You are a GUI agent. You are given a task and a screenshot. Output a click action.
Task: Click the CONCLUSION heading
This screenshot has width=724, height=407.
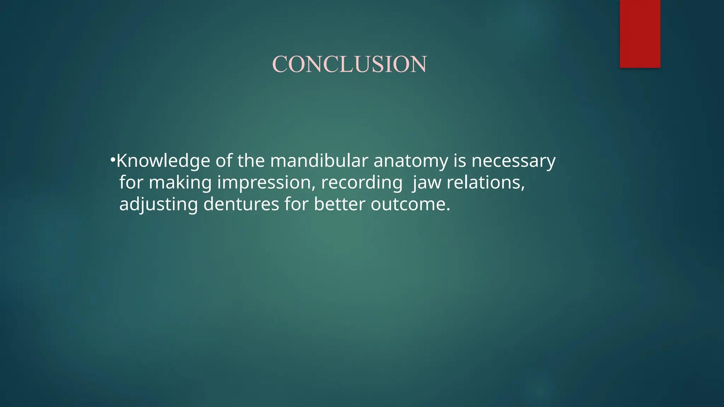(349, 64)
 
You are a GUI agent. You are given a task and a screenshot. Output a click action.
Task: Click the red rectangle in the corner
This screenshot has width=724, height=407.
(640, 34)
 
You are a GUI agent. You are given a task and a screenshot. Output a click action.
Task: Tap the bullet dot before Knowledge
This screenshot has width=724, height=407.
(112, 160)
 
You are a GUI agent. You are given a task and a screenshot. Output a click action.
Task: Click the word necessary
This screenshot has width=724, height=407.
(513, 161)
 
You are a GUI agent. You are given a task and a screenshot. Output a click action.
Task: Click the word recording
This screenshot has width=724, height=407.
(362, 183)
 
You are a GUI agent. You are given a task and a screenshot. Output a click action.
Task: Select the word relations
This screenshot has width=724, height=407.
(486, 183)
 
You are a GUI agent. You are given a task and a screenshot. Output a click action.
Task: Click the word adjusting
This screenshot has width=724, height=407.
(158, 205)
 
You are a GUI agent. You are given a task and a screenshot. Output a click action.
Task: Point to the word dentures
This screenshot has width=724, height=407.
(241, 204)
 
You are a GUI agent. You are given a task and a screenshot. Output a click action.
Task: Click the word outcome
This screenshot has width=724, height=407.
(410, 205)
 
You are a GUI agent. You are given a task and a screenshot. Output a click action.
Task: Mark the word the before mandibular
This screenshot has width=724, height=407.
(251, 161)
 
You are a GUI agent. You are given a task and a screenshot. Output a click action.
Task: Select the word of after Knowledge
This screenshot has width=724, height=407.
(224, 161)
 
